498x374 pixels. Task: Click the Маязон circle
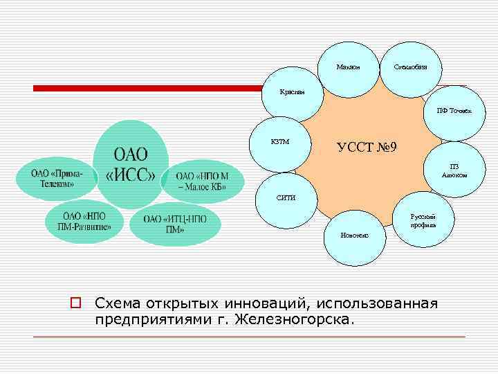pyautogui.click(x=348, y=66)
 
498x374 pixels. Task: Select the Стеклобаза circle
pyautogui.click(x=410, y=66)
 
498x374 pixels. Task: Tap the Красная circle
pyautogui.click(x=292, y=93)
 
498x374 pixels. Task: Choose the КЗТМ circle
pyautogui.click(x=280, y=143)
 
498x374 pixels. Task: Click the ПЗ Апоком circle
pyautogui.click(x=453, y=170)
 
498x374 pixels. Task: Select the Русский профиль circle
pyautogui.click(x=423, y=220)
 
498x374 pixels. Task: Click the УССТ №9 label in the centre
pyautogui.click(x=366, y=148)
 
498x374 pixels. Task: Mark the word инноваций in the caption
pyautogui.click(x=255, y=303)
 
